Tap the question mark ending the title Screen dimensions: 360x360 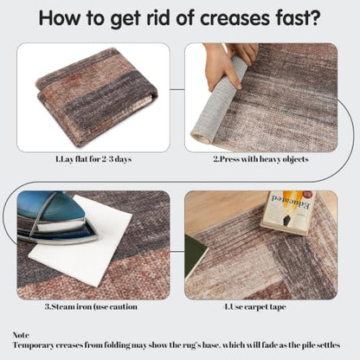(315, 18)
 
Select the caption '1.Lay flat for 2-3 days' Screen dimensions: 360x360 (93, 159)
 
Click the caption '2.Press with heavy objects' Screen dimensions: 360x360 (261, 159)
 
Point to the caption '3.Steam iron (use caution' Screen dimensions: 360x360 (91, 306)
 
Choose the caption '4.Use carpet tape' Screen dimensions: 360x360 (255, 306)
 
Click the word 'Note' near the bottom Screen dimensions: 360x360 (21, 335)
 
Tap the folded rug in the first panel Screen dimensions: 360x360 (95, 93)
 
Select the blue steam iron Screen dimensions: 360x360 (55, 216)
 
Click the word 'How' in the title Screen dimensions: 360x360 (59, 18)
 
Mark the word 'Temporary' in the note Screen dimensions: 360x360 (33, 345)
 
